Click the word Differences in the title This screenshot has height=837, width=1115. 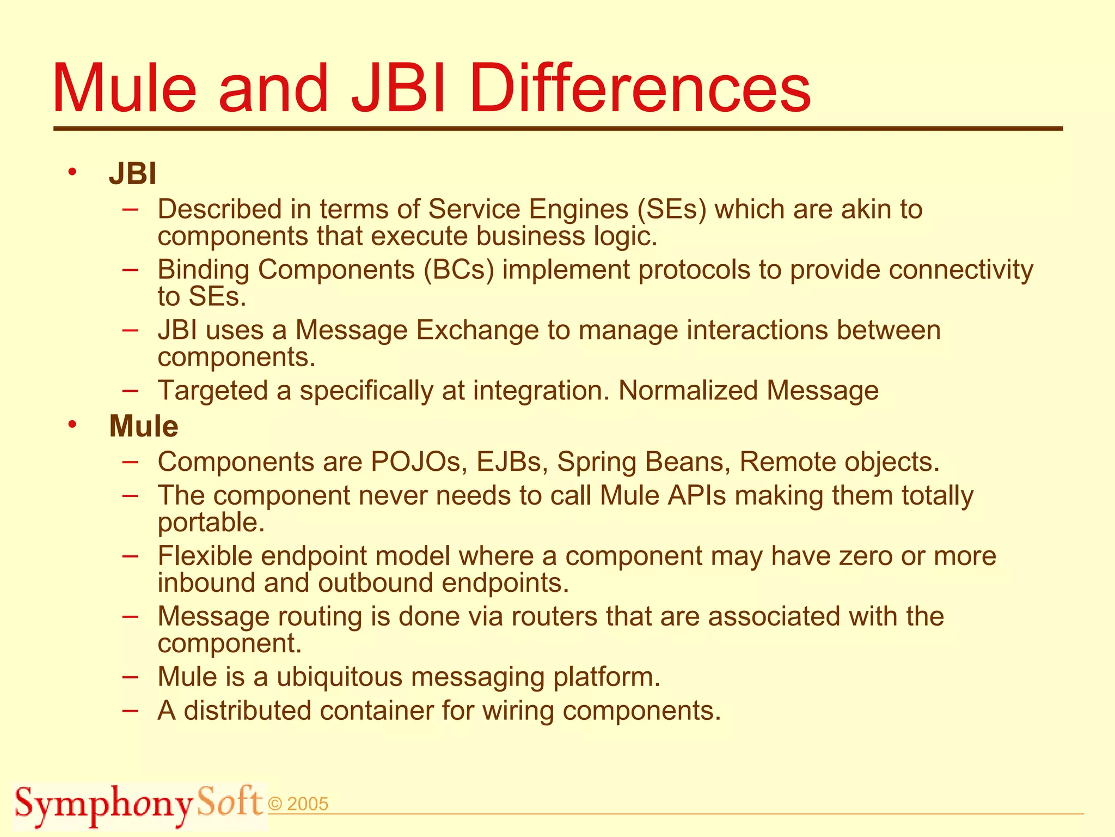coord(640,88)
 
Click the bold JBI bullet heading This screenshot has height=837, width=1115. coord(133,174)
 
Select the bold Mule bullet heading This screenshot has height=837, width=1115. coord(144,426)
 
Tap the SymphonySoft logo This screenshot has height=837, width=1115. coord(139,804)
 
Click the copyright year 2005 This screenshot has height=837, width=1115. coord(307,804)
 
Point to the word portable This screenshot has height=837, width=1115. coord(210,523)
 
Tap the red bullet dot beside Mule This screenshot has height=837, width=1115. coord(72,424)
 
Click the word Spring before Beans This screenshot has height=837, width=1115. coord(597,462)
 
